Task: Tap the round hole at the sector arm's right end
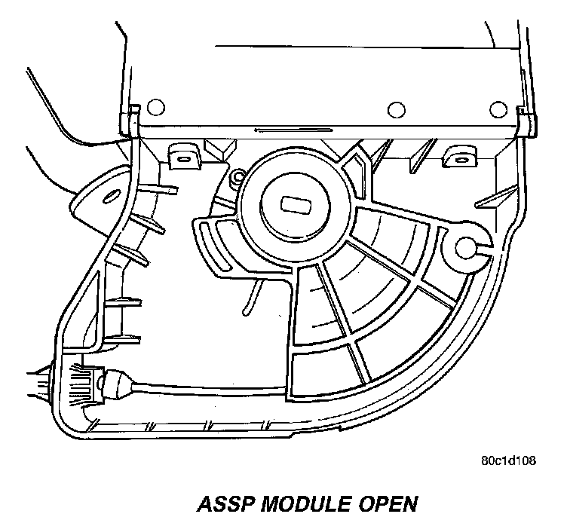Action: tap(466, 246)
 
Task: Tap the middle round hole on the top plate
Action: tap(392, 110)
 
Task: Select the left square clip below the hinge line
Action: tap(182, 158)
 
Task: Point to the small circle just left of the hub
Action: tap(238, 178)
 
